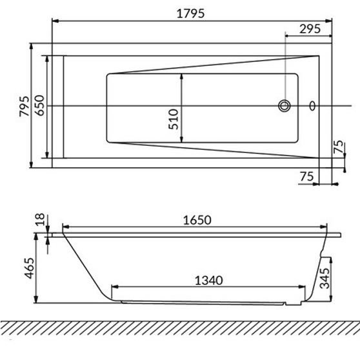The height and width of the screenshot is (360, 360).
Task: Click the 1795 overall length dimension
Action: point(190,14)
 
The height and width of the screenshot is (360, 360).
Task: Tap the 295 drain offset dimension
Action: point(310,29)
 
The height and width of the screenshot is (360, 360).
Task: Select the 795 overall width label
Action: point(25,106)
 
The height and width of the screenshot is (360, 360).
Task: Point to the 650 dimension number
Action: point(39,105)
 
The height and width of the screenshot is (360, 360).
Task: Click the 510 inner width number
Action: point(174,119)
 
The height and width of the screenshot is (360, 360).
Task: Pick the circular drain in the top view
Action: point(285,106)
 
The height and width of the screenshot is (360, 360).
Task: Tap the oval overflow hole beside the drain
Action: point(312,106)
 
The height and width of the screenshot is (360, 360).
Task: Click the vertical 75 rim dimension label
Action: point(339,146)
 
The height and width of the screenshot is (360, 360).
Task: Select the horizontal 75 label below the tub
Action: point(306,177)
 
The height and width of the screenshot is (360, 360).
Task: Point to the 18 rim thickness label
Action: point(40,219)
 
